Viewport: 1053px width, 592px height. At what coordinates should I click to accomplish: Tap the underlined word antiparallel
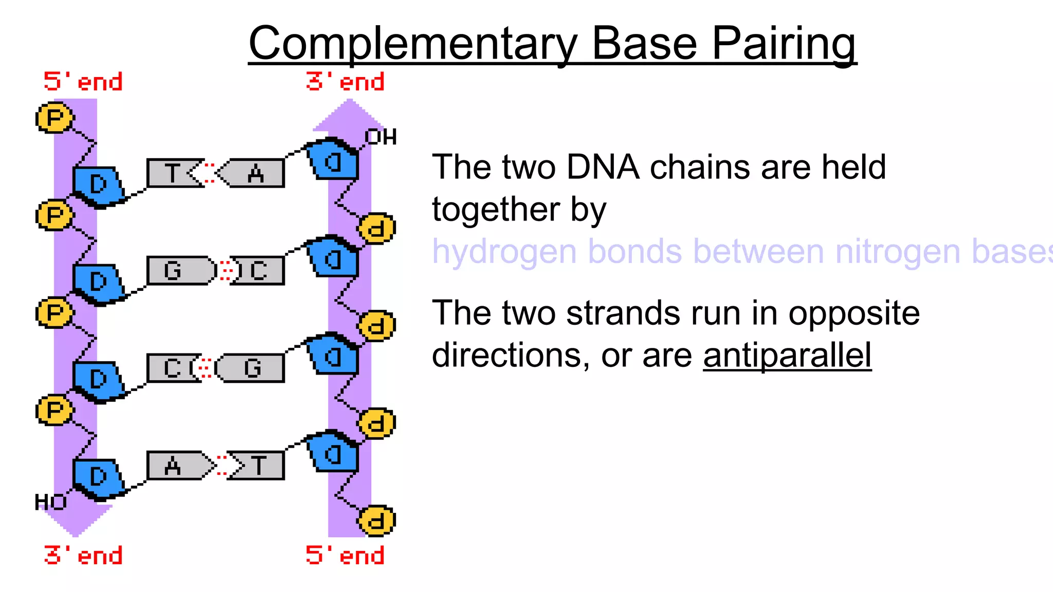[787, 356]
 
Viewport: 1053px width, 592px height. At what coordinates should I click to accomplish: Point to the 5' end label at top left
[83, 82]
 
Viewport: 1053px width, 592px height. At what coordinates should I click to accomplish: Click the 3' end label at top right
[345, 82]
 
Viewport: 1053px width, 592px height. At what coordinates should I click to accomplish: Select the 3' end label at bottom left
[83, 556]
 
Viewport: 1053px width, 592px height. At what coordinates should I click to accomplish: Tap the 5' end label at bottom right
[345, 556]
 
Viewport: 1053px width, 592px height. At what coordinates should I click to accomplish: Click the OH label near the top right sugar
[380, 137]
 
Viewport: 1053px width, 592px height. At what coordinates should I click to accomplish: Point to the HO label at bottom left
[50, 502]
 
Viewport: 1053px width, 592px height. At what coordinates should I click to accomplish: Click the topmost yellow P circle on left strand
[55, 118]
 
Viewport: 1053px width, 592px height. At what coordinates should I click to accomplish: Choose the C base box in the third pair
[171, 368]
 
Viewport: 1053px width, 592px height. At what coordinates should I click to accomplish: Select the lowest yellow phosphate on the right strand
[376, 521]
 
